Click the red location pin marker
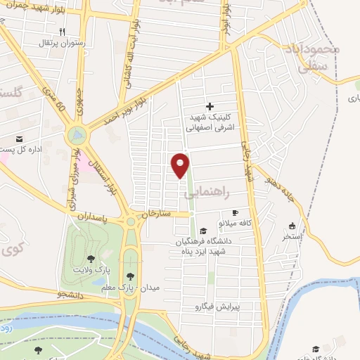(x=181, y=164)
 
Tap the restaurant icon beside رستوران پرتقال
(x=62, y=32)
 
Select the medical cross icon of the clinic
(x=210, y=106)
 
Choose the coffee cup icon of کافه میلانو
(x=236, y=212)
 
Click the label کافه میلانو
(x=236, y=222)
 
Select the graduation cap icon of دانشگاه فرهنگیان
(x=203, y=231)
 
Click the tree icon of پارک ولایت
(x=90, y=259)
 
